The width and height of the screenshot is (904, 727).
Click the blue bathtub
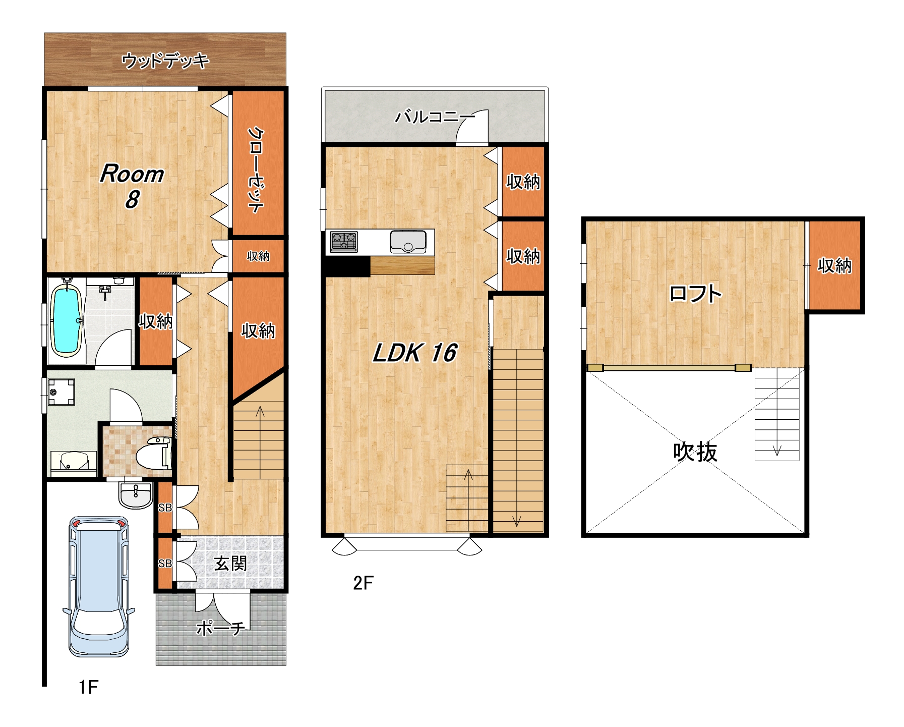tap(66, 321)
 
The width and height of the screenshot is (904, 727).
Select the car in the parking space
tap(99, 586)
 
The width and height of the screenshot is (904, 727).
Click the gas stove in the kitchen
tap(344, 242)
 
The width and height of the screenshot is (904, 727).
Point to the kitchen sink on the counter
tap(408, 242)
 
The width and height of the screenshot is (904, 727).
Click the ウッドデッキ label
tap(165, 61)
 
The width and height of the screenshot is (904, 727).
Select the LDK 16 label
tap(414, 353)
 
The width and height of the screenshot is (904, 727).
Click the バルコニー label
tap(435, 117)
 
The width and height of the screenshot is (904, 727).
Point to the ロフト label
tap(695, 294)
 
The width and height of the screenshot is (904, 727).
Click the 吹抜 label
tap(695, 452)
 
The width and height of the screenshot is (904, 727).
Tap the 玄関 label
tap(230, 563)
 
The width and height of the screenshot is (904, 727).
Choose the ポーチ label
tap(221, 628)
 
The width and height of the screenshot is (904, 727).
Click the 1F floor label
tap(88, 687)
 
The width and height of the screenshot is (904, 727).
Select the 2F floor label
tap(363, 583)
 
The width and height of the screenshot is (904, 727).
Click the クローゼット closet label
tap(256, 170)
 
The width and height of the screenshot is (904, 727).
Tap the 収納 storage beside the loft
tap(834, 265)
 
